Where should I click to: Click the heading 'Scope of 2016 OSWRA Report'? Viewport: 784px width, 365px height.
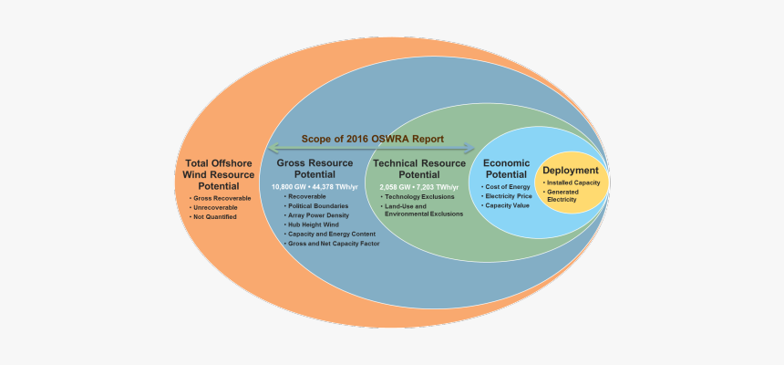point(373,140)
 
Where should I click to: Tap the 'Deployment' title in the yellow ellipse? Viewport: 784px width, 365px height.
point(571,171)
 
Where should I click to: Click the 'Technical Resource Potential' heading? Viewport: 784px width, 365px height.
point(419,169)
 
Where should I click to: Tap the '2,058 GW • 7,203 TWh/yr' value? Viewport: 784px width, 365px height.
point(418,186)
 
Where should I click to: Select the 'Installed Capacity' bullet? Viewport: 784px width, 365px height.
point(574,182)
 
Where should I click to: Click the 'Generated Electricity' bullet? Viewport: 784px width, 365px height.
point(568,195)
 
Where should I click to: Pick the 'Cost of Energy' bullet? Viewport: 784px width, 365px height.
point(508,186)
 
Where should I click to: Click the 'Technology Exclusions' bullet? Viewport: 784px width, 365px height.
point(418,196)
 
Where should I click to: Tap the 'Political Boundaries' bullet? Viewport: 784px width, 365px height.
point(319,206)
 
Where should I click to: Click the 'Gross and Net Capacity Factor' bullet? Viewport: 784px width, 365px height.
point(334,245)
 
